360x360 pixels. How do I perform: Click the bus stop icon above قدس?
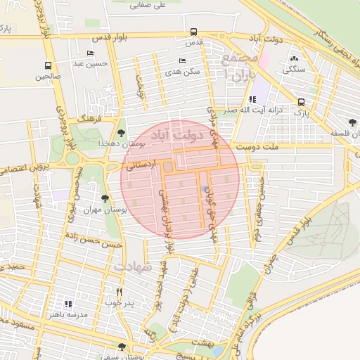click(x=193, y=32)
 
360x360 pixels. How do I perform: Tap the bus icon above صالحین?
click(x=48, y=65)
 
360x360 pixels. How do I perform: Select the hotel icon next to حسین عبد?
click(x=89, y=53)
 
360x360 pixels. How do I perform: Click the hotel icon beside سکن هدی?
click(x=182, y=61)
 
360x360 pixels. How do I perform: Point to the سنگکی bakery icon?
click(x=293, y=59)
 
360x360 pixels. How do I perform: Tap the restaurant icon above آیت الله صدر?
click(x=252, y=99)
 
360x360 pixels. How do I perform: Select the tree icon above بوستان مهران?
click(x=105, y=199)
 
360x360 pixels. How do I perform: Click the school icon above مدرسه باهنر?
click(x=68, y=304)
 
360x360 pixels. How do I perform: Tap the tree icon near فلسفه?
click(x=352, y=122)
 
